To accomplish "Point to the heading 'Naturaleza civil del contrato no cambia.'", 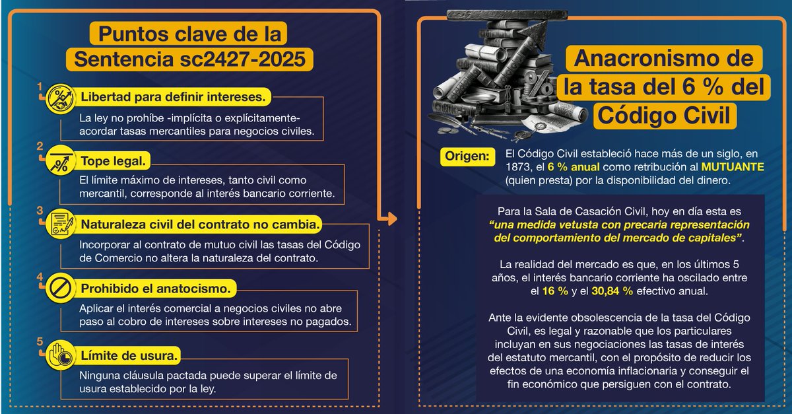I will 201,224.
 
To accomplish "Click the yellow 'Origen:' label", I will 467,156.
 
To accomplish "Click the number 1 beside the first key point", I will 40,86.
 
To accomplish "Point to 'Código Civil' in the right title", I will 663,114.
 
